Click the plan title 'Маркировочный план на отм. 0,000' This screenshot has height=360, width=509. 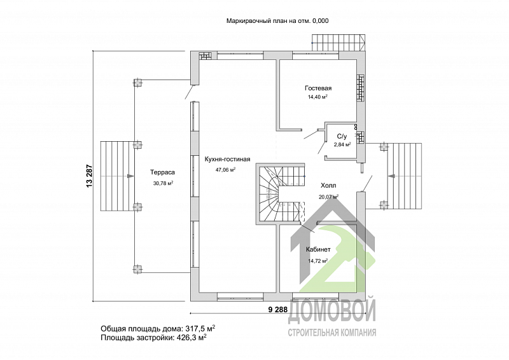pyautogui.click(x=277, y=21)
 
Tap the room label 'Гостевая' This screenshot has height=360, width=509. pyautogui.click(x=318, y=88)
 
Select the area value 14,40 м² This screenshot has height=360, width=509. pyautogui.click(x=317, y=97)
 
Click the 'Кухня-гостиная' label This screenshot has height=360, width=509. pyautogui.click(x=227, y=159)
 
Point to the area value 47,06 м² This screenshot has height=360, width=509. pyautogui.click(x=226, y=169)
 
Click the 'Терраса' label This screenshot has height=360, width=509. pyautogui.click(x=162, y=172)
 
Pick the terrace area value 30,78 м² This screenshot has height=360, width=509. pyautogui.click(x=163, y=183)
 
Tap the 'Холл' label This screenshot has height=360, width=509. pyautogui.click(x=328, y=186)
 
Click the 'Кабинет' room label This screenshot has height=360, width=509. pyautogui.click(x=318, y=249)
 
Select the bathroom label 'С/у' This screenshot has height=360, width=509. pyautogui.click(x=342, y=137)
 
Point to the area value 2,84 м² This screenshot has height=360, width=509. pyautogui.click(x=342, y=145)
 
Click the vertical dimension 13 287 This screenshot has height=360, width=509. pyautogui.click(x=90, y=176)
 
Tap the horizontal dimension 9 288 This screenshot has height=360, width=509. pyautogui.click(x=278, y=310)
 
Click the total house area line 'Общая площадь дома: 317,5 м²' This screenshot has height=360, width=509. pyautogui.click(x=158, y=328)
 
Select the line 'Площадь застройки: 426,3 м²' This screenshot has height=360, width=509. pyautogui.click(x=154, y=338)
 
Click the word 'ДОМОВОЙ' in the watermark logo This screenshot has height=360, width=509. pyautogui.click(x=331, y=310)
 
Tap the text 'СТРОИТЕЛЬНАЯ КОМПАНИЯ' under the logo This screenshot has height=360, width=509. pyautogui.click(x=331, y=333)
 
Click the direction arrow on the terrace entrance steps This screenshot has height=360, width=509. pyautogui.click(x=130, y=176)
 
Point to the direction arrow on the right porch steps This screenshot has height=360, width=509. pyautogui.click(x=391, y=176)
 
